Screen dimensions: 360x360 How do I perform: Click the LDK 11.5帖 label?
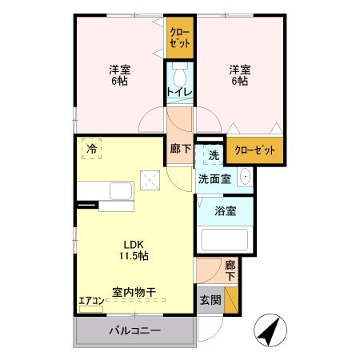[x=135, y=250]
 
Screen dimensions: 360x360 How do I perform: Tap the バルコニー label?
[x=135, y=330]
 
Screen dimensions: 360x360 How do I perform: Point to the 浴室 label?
[x=224, y=211]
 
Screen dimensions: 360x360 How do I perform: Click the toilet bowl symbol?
[x=180, y=78]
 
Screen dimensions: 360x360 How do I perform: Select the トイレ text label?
[x=179, y=94]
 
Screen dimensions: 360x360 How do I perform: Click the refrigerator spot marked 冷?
[x=92, y=149]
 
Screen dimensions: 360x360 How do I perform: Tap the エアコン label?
[x=91, y=302]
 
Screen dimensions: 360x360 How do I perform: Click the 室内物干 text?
[x=134, y=292]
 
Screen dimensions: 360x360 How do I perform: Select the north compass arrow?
[x=268, y=330]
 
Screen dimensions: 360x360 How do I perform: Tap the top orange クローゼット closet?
[x=180, y=38]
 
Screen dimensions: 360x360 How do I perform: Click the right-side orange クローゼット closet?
[x=255, y=150]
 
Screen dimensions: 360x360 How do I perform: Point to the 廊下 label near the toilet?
[x=179, y=149]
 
